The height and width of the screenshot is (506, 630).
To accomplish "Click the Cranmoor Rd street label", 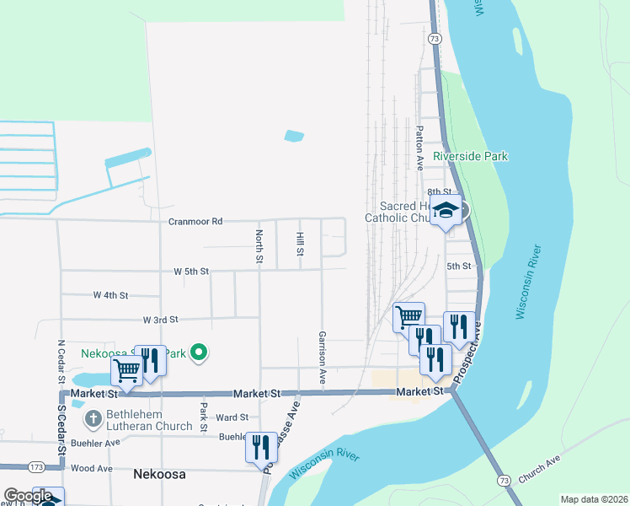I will click(x=195, y=221).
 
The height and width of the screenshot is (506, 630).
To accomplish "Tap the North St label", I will click(x=259, y=245).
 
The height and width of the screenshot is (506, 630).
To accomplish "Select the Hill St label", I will click(x=299, y=245).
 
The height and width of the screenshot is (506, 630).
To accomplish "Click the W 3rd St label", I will click(x=161, y=320).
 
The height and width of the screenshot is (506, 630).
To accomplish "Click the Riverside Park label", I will click(x=471, y=156).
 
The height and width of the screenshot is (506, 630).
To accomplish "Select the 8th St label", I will click(x=435, y=193).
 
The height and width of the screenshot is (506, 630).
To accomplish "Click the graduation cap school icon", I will click(x=446, y=211).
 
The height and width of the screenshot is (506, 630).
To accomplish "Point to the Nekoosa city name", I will click(x=159, y=474).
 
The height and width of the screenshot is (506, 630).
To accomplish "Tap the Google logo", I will click(x=27, y=496).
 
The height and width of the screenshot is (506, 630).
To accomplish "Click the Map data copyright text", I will click(x=594, y=499).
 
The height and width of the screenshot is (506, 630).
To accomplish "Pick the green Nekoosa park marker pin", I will click(x=199, y=353).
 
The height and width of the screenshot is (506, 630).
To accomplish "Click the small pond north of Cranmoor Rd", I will click(x=294, y=135).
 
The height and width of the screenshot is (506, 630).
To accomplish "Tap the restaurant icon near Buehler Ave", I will click(x=261, y=444).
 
